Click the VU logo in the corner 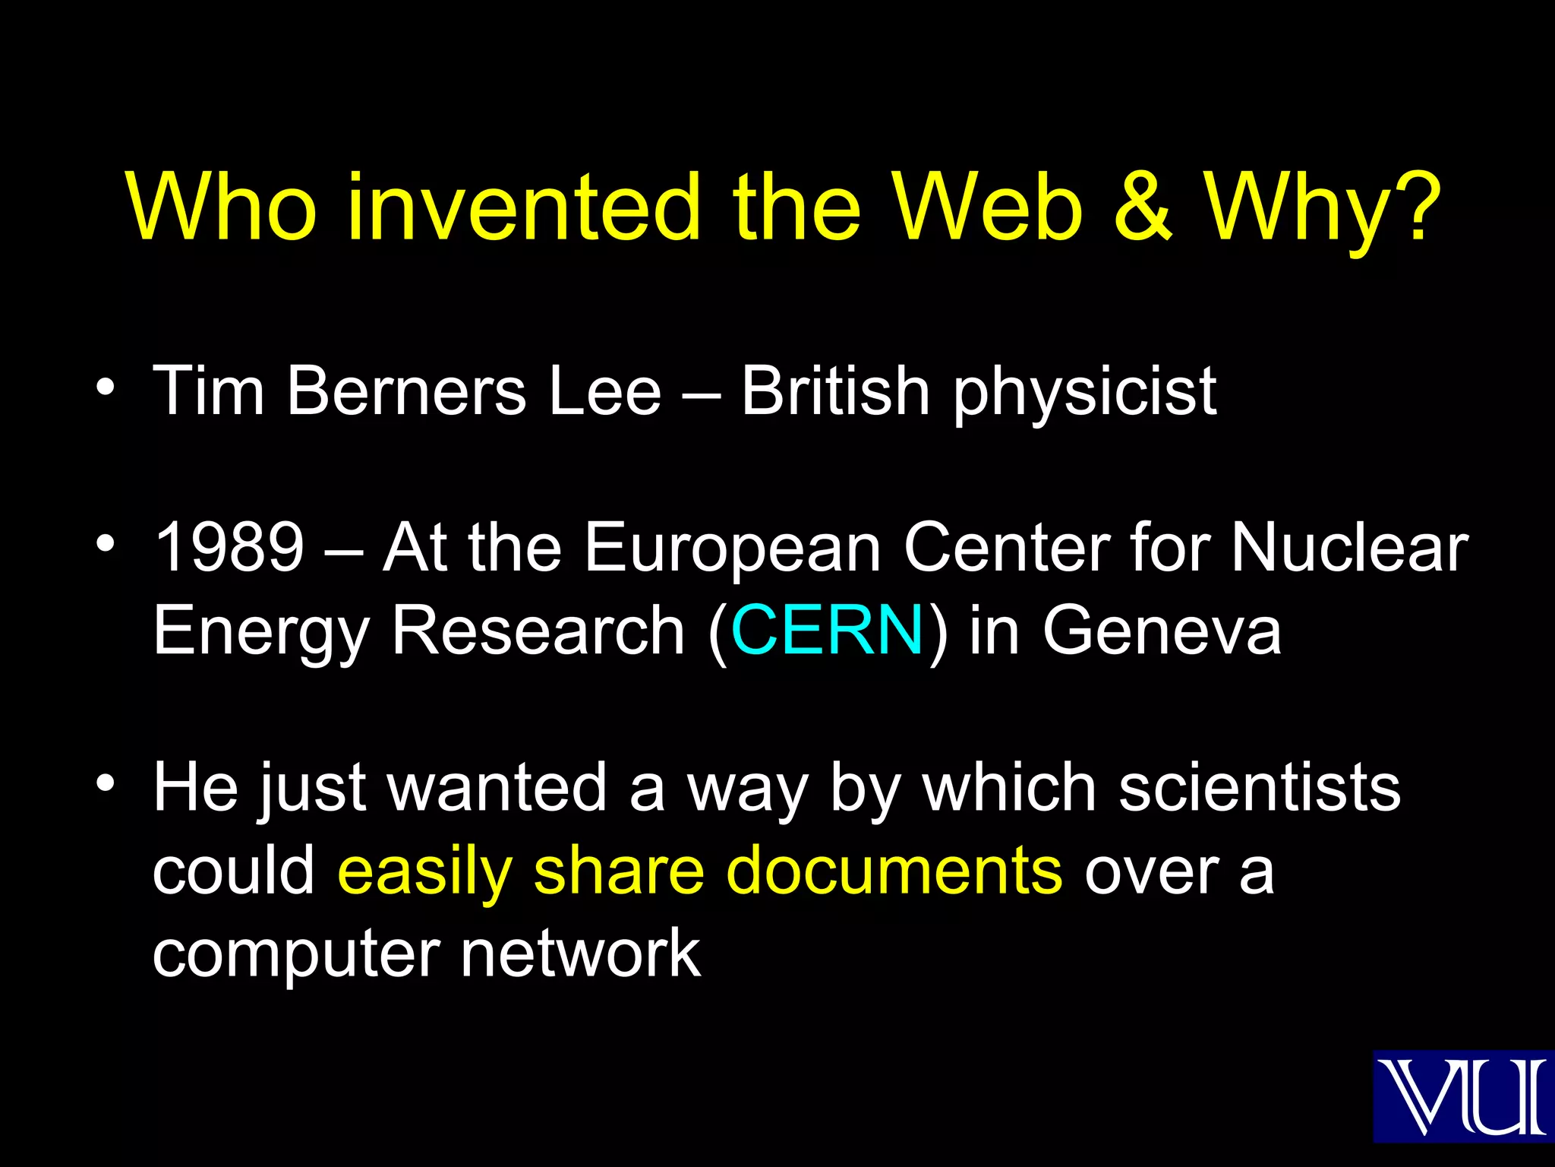tap(1463, 1096)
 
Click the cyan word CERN tap(827, 630)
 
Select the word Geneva tap(1162, 630)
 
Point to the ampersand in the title tap(1144, 207)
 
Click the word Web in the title tap(988, 207)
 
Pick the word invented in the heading tap(524, 207)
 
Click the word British tap(835, 391)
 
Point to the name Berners tap(407, 391)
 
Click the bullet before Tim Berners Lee tap(106, 387)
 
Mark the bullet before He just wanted tap(106, 783)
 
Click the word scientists tap(1260, 788)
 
